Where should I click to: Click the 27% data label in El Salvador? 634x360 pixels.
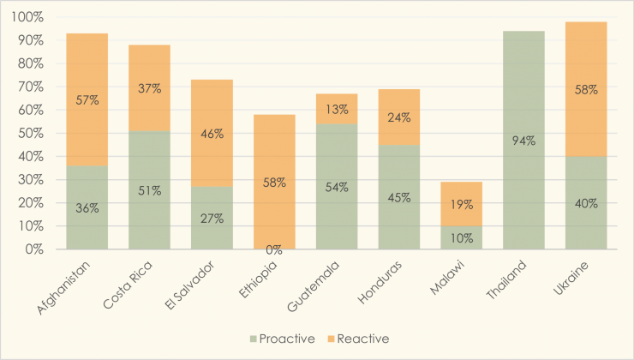211,218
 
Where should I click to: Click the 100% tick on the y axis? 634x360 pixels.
29,17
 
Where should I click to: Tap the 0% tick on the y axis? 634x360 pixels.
35,249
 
